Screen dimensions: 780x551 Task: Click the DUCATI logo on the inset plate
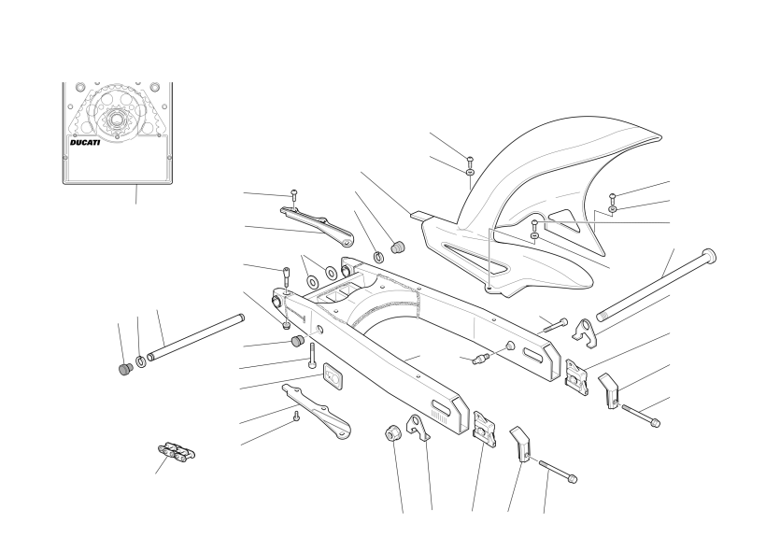[85, 142]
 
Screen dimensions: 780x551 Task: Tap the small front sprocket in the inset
[116, 120]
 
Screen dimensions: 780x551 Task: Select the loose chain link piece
[177, 451]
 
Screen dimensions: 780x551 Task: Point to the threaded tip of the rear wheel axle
[603, 316]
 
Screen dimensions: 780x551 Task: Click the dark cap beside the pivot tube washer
[126, 369]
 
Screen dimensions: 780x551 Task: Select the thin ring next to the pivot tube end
[141, 361]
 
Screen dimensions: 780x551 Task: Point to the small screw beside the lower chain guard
[296, 416]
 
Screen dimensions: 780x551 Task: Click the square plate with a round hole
[333, 375]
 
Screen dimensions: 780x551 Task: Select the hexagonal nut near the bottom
[392, 432]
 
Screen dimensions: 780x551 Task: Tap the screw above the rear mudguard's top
[470, 160]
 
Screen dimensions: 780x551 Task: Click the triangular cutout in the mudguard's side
[564, 222]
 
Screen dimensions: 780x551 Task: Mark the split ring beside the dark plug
[378, 257]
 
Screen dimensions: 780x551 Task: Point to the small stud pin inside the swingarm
[481, 358]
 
